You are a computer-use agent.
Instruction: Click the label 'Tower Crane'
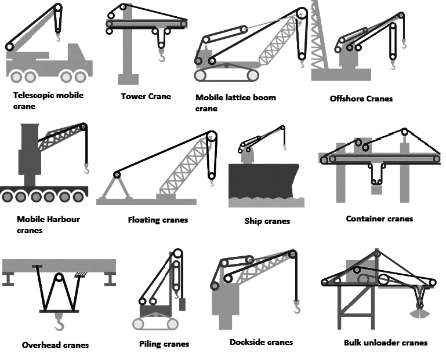146,96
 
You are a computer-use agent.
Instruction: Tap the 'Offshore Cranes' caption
361,99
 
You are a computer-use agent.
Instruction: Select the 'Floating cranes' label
158,220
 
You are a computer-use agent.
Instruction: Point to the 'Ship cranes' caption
267,221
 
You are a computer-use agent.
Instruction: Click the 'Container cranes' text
379,219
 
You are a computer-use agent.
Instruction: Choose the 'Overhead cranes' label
55,345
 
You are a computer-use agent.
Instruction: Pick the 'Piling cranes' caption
164,344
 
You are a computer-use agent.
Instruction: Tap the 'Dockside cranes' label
261,342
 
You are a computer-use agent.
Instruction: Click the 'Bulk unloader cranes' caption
385,343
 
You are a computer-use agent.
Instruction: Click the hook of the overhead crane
60,321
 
